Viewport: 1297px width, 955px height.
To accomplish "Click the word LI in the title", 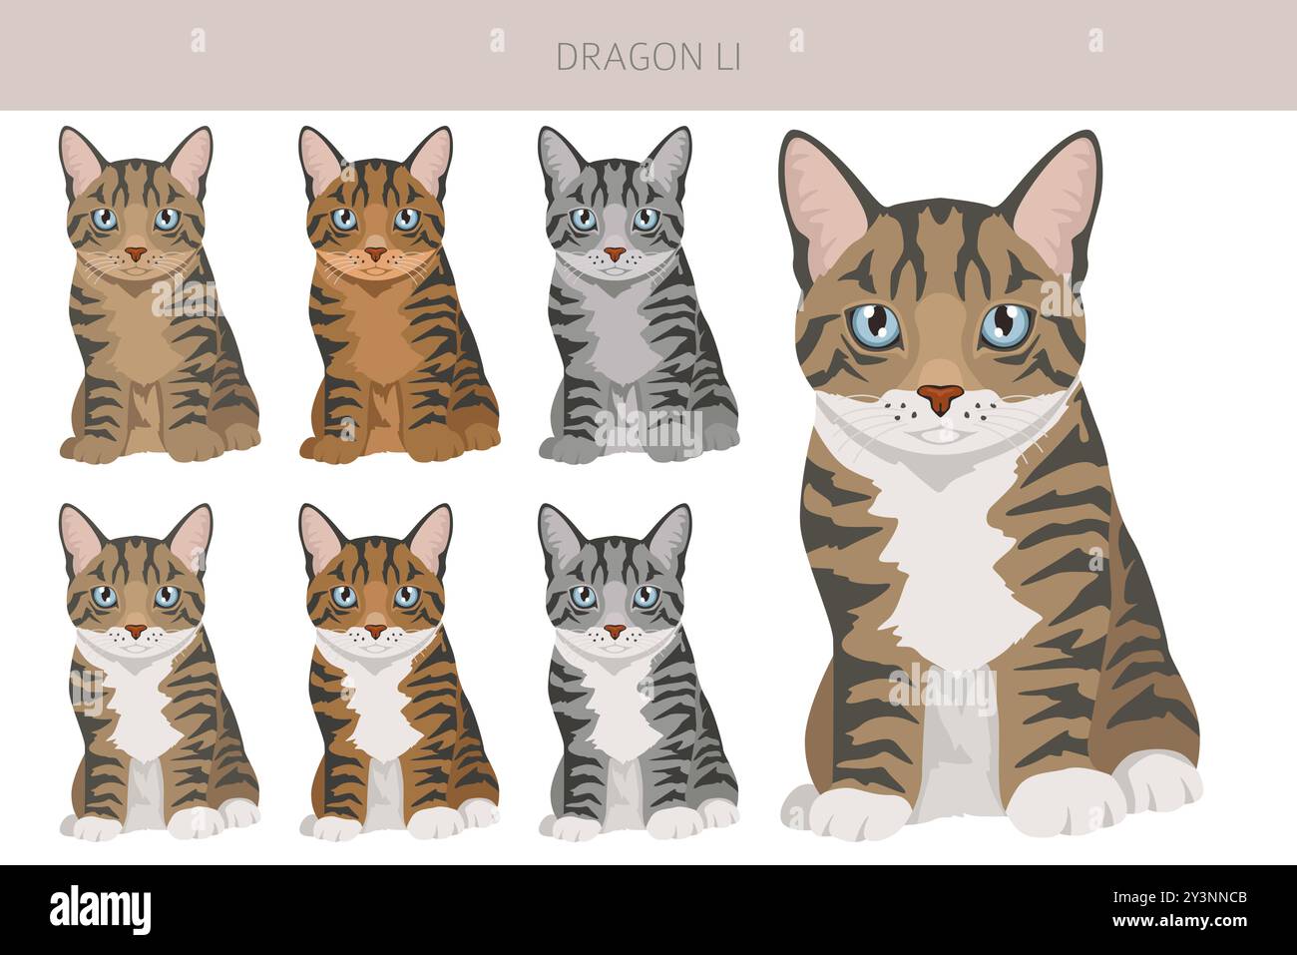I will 724,58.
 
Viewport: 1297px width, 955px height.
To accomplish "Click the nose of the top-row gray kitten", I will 615,253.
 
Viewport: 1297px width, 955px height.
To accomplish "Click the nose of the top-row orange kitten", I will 375,253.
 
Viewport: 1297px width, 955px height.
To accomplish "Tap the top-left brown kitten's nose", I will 136,253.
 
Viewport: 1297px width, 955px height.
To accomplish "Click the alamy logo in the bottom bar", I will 100,909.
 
